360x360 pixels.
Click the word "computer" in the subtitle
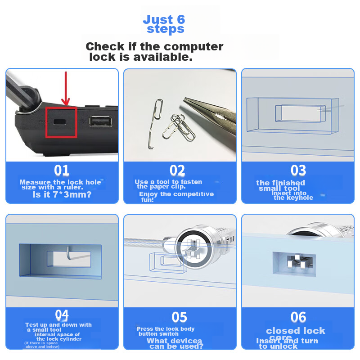tap(193, 47)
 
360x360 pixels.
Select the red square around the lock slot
tap(62, 122)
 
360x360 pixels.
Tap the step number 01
tap(62, 171)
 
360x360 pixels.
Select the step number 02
tap(177, 171)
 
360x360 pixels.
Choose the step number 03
tap(298, 171)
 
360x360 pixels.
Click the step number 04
tap(62, 315)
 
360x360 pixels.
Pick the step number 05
tap(179, 317)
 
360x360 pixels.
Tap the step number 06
tap(298, 317)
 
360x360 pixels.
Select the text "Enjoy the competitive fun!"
tap(175, 197)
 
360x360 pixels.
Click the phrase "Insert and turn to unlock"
tap(287, 343)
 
